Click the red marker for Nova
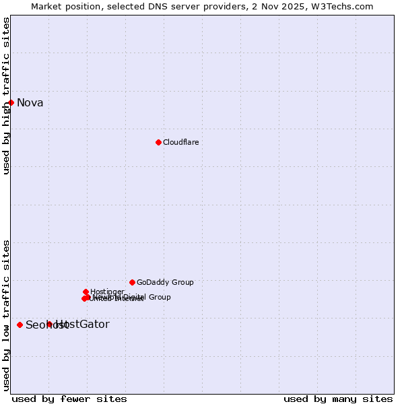(11, 102)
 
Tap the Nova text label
(30, 103)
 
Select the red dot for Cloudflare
(158, 142)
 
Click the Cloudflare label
(180, 143)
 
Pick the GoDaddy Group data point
(132, 282)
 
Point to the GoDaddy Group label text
(165, 283)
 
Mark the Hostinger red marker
(86, 292)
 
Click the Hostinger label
(107, 292)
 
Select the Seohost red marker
(20, 325)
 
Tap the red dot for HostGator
(49, 324)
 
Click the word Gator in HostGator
(94, 325)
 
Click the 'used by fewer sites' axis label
(69, 399)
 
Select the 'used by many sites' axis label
(338, 399)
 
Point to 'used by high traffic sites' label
(6, 96)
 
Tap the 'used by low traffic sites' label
(6, 314)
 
